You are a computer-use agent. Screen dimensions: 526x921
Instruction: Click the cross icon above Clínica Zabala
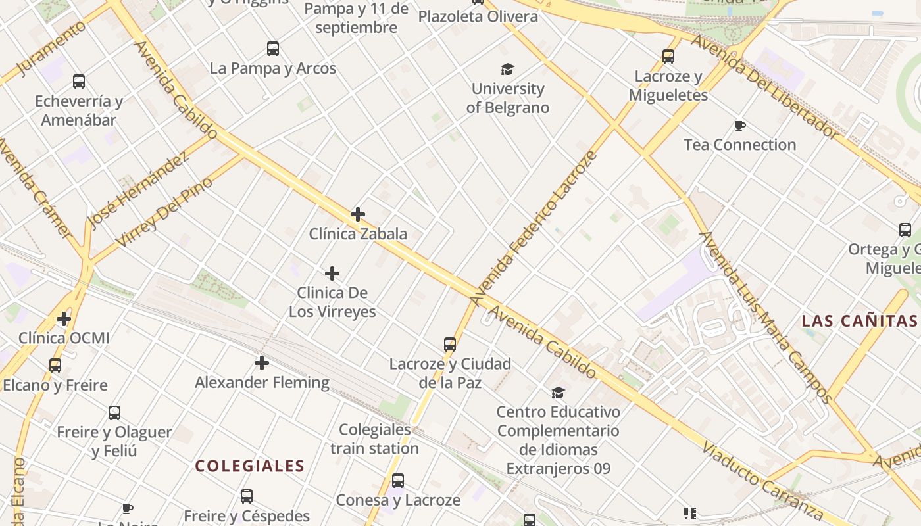click(358, 214)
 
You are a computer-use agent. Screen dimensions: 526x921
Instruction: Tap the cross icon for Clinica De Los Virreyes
click(332, 274)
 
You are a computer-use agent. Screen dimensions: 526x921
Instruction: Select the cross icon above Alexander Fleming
click(262, 363)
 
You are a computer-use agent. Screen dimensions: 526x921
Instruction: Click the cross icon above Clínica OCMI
click(64, 319)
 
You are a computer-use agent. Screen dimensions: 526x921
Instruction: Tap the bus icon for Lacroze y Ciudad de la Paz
click(450, 344)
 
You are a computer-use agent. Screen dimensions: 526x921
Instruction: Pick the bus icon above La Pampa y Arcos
click(273, 48)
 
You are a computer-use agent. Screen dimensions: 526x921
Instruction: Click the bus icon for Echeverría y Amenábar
click(79, 82)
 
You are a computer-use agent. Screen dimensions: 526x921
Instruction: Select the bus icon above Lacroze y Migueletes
click(668, 57)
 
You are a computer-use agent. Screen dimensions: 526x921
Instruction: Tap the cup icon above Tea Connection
click(740, 126)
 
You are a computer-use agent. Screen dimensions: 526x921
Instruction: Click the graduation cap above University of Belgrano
click(507, 69)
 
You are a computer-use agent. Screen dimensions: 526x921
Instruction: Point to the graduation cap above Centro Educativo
click(558, 393)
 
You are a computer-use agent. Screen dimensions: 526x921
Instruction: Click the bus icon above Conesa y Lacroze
click(398, 481)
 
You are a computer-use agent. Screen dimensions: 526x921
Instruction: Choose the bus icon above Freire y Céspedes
click(247, 496)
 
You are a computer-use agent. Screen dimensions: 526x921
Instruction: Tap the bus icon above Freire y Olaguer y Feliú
click(114, 413)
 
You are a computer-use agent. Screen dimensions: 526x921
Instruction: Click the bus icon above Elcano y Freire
click(55, 366)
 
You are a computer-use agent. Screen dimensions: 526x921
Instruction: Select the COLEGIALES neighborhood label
click(250, 466)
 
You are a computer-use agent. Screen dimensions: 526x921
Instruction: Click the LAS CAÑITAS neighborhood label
click(859, 321)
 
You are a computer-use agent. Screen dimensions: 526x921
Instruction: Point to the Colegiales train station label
click(374, 439)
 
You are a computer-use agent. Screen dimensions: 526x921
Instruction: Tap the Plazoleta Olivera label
click(478, 16)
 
